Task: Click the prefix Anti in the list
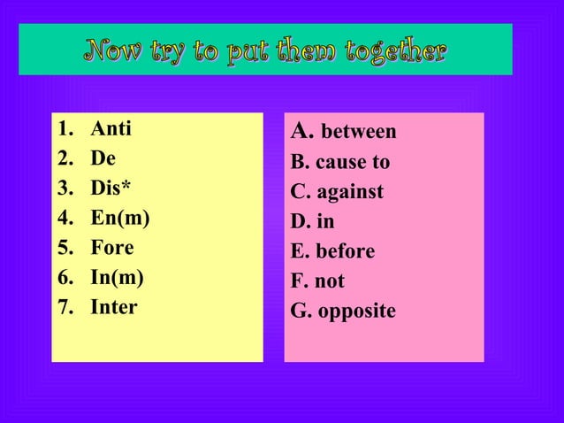tap(111, 129)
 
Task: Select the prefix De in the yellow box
tap(103, 159)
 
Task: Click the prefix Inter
tap(114, 308)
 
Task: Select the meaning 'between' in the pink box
tap(358, 133)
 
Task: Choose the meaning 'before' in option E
tap(345, 252)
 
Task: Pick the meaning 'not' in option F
tap(330, 282)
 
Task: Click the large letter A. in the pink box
tap(302, 132)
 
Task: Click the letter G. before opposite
tap(299, 312)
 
